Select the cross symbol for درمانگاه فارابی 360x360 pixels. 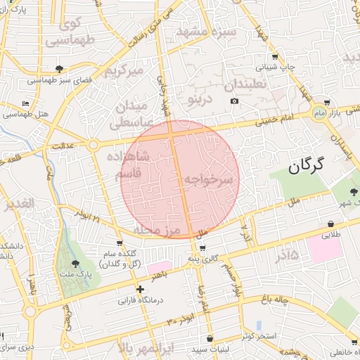click(141, 289)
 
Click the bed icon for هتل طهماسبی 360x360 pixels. click(26, 103)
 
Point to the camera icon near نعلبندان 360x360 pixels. click(234, 101)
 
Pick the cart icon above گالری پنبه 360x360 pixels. click(202, 248)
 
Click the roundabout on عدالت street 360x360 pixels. click(93, 145)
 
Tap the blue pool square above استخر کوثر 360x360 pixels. click(259, 326)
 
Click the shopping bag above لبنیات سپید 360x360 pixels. click(209, 338)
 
